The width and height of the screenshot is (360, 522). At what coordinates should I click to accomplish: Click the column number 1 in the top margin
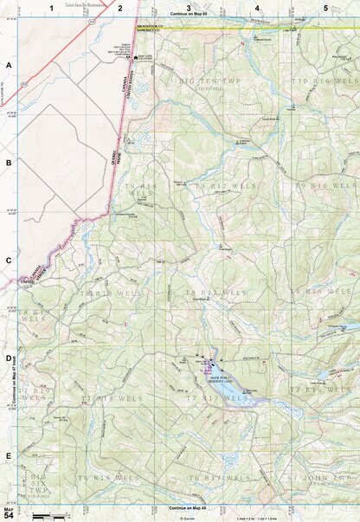pos(52,8)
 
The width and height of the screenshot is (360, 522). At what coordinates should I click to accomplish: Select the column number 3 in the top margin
pos(189,8)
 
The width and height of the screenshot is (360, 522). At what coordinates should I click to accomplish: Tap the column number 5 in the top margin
pos(325,8)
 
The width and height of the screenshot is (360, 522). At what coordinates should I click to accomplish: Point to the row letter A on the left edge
pos(9,66)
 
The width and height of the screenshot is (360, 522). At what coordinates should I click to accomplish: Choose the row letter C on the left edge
pos(9,261)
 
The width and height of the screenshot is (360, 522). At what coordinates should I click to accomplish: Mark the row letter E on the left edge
pos(9,456)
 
